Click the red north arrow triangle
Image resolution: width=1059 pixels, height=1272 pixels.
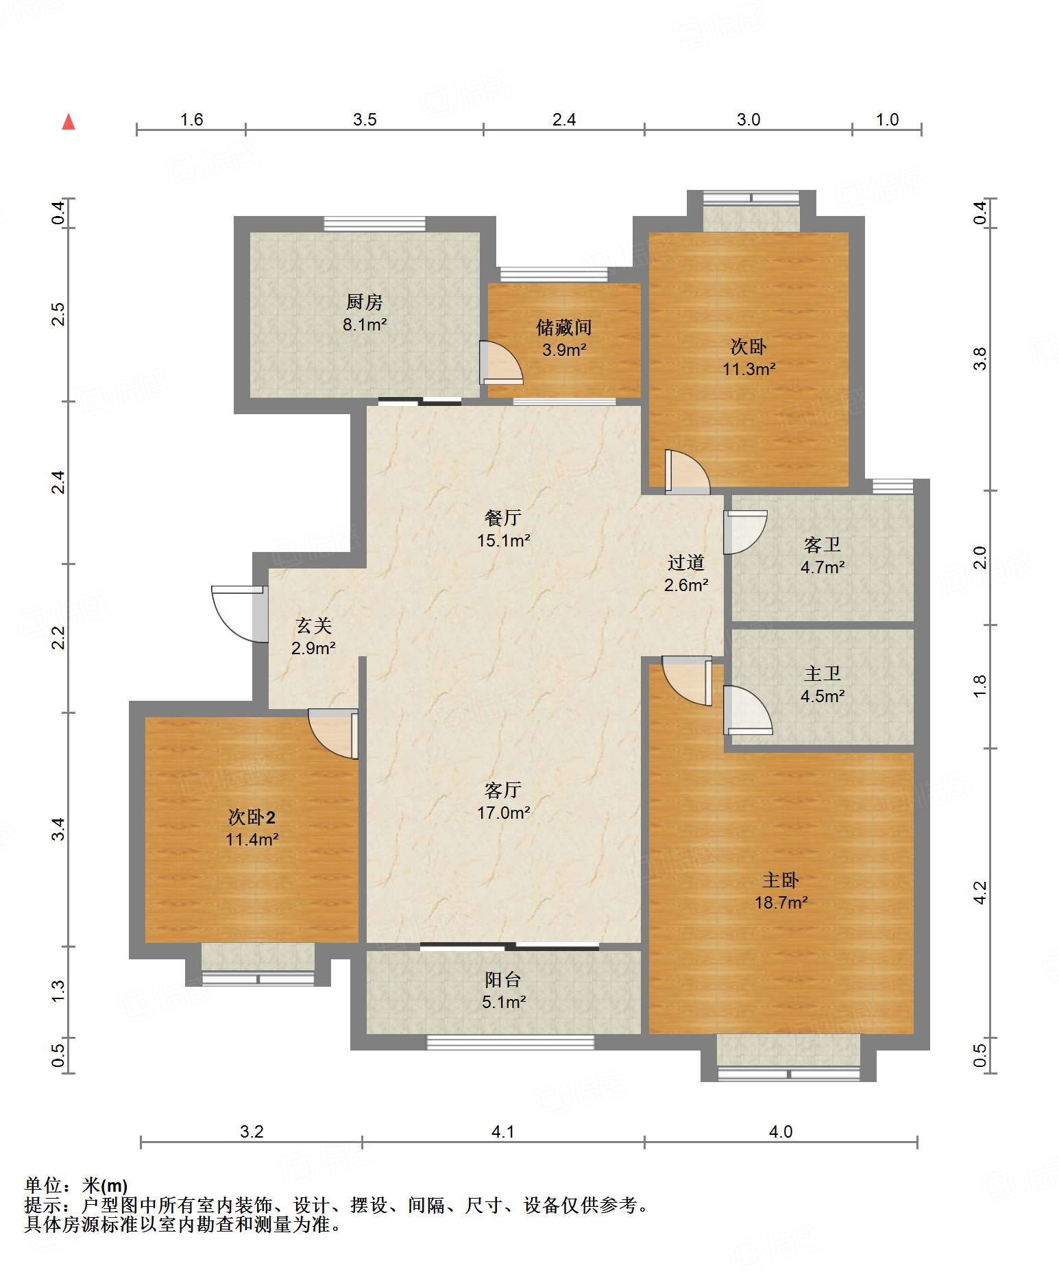pos(69,122)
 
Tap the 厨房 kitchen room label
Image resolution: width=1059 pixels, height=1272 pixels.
pos(365,302)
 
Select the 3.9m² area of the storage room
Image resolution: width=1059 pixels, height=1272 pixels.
pos(564,350)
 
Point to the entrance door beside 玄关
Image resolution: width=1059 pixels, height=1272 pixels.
pos(239,614)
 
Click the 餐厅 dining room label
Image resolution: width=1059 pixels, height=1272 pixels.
pos(503,518)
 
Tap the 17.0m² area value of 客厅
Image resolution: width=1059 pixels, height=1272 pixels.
pos(504,813)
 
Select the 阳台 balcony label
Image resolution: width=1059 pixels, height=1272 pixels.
pos(503,980)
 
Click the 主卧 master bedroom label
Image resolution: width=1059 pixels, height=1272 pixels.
pos(781,880)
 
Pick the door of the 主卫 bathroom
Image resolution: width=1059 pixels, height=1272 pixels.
pos(748,710)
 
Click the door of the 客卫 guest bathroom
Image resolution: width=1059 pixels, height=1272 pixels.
pos(745,532)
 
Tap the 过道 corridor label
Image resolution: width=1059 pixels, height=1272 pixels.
pos(686,563)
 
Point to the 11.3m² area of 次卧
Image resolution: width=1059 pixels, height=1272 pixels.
pos(748,369)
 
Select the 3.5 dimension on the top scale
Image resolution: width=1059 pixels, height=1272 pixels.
pos(365,119)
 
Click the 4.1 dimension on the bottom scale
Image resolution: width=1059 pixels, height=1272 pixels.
pos(503,1131)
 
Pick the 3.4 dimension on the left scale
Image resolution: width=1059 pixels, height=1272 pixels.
pos(59,829)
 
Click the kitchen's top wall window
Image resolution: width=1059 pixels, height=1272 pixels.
pos(375,224)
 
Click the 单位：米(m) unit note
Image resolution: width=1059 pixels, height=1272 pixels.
pos(76,1185)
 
